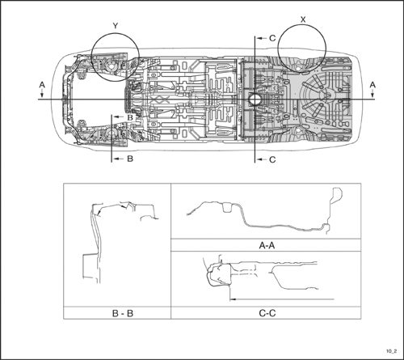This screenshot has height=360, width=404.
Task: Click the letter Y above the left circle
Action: pos(116,26)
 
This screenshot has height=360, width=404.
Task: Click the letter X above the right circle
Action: pos(303,19)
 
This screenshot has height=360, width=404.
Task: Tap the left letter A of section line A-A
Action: pos(42,85)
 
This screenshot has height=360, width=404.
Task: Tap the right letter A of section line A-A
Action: pos(372,85)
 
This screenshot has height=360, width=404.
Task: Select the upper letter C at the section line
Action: pos(272,38)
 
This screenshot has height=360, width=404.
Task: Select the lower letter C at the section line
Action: pos(272,159)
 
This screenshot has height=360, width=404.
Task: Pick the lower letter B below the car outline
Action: pos(130,159)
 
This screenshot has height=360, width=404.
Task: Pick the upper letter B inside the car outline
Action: pos(130,117)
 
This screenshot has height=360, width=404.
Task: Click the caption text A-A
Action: pos(267,245)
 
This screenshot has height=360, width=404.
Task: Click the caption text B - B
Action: pos(123,313)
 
